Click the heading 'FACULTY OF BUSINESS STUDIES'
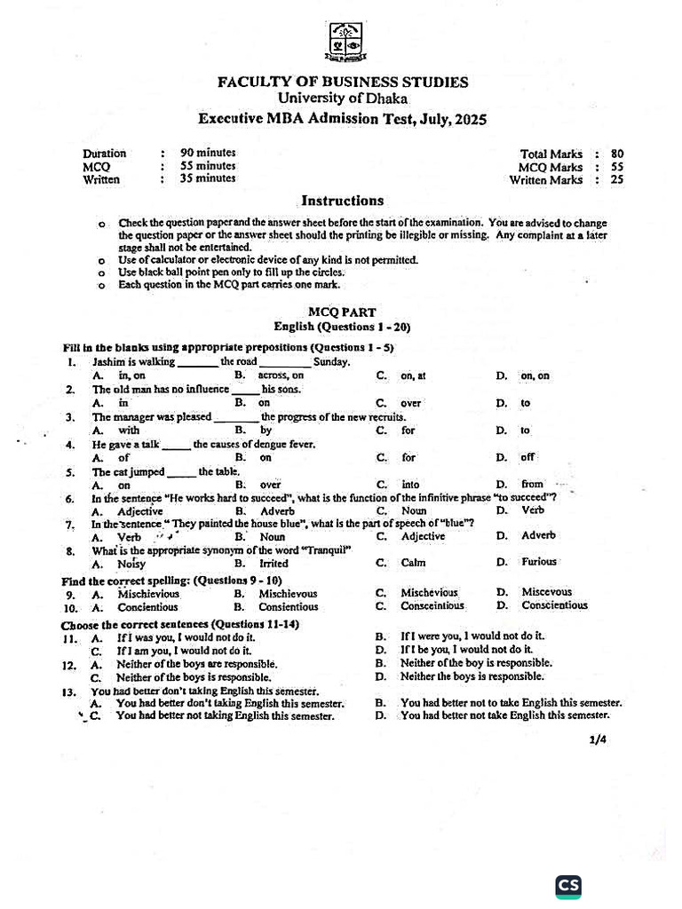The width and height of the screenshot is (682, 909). [343, 83]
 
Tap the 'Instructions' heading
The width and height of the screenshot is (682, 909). [342, 201]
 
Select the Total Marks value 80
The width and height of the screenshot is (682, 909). [617, 154]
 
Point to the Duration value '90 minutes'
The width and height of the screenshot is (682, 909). [208, 153]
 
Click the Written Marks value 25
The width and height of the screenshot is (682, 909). [617, 179]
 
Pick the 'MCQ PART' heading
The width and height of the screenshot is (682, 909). [342, 312]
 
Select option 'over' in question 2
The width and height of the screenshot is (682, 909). [410, 403]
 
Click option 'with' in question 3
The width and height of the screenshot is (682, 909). [129, 431]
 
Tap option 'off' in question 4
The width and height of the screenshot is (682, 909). [527, 458]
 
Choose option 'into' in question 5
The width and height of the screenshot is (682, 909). [410, 485]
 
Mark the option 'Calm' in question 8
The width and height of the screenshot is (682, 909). [413, 563]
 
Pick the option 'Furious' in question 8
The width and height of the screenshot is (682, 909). [539, 562]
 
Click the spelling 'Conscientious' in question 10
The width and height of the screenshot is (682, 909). [554, 606]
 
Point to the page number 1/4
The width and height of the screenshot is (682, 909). [597, 739]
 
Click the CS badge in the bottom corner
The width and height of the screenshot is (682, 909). [568, 886]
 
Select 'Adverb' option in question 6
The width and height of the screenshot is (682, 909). [278, 511]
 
